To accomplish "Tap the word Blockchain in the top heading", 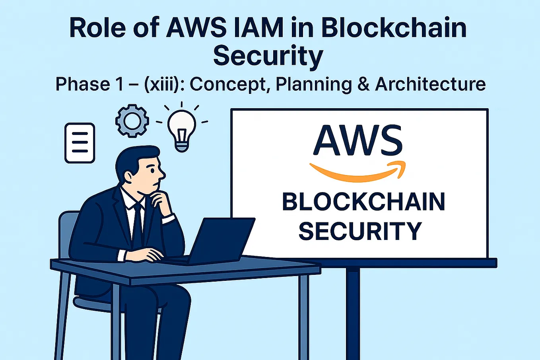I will (x=394, y=28).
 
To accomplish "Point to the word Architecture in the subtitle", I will (x=430, y=84).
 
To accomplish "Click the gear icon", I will (x=132, y=121).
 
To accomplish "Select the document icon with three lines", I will (x=80, y=143).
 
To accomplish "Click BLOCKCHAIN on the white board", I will (x=363, y=202).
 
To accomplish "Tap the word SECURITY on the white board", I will (x=360, y=231).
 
